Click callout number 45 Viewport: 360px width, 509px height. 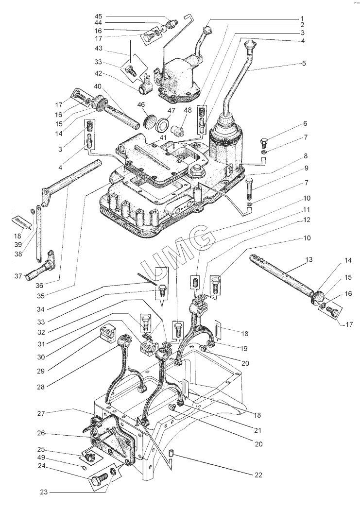98,17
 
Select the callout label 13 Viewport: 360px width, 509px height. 309,259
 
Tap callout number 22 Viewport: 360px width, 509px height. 258,475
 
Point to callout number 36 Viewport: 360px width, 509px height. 48,286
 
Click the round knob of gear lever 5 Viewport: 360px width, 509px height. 250,44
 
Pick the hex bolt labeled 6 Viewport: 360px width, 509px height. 264,143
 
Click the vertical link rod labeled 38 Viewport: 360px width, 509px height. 38,233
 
